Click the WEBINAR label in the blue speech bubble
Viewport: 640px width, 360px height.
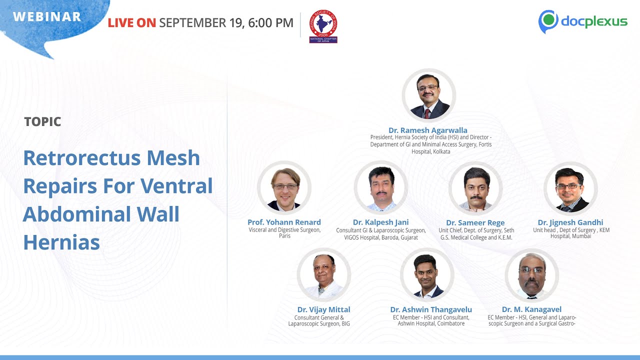pos(47,16)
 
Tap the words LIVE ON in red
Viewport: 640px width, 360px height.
pos(132,22)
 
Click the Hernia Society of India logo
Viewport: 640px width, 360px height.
pos(323,26)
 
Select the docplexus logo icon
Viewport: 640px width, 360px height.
pos(548,21)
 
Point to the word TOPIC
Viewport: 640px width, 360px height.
pos(42,121)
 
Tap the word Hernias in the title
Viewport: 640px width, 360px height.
pos(61,242)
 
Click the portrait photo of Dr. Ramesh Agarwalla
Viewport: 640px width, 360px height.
pos(429,95)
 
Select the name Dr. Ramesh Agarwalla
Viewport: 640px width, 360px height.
pos(428,130)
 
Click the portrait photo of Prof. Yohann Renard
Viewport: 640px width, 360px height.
pos(284,188)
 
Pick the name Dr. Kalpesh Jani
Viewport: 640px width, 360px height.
pos(380,222)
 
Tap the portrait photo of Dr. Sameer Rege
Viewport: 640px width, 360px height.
pos(475,188)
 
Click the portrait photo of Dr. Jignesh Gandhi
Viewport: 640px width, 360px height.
pos(570,188)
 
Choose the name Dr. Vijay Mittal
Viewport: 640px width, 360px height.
pos(323,309)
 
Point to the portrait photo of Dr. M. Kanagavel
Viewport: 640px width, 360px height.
pos(531,275)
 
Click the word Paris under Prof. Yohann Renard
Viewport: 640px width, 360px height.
pos(284,236)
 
